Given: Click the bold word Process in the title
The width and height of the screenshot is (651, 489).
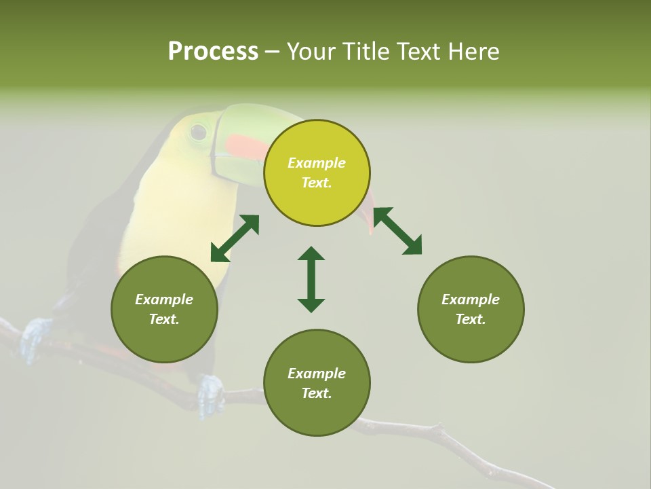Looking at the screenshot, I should tap(213, 52).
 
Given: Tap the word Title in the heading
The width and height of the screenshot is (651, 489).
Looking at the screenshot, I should tap(366, 52).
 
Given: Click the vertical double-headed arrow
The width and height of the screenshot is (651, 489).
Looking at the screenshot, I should tap(311, 279).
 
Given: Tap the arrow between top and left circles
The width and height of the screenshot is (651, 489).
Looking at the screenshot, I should tap(235, 238).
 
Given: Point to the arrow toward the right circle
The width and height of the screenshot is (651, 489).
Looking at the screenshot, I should tap(397, 231).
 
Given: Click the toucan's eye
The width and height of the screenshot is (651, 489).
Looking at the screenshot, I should tap(198, 132).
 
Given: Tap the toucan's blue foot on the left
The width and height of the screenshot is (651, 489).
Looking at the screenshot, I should tap(34, 338).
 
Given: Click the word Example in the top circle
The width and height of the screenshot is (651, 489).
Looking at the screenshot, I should tap(317, 163).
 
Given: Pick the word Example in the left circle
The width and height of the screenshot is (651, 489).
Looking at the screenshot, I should tap(164, 300).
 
